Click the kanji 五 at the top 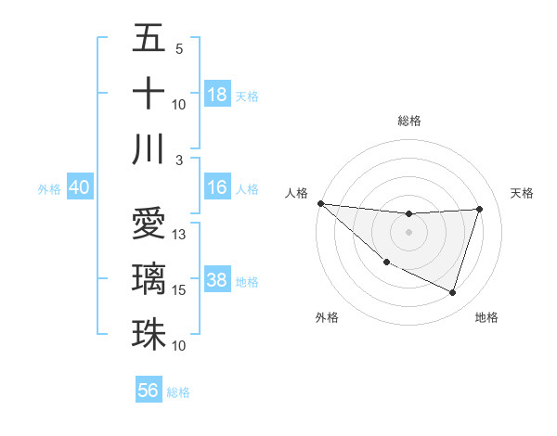149,38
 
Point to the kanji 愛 149,224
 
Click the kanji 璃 149,278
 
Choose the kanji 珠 149,333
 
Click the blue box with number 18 217,95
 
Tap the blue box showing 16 217,187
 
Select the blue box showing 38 217,280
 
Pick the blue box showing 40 79,187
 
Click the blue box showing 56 149,391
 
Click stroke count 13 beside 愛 179,235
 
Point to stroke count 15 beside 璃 179,290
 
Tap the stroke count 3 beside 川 179,160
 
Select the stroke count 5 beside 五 178,49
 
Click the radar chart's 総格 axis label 409,121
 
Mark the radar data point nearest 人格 320,202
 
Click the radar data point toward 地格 452,292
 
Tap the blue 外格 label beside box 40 49,189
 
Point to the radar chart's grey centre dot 409,232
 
